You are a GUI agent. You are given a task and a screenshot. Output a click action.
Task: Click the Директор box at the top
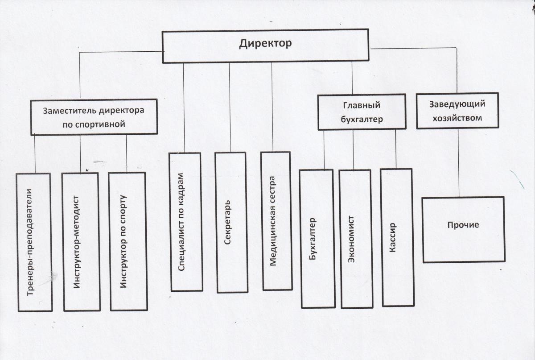coord(265,46)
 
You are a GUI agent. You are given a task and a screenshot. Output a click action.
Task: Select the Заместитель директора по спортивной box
coord(94,117)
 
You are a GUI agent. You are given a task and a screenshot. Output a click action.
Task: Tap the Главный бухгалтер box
coord(362,112)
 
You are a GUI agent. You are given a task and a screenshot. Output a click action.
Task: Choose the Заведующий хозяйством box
coord(457,111)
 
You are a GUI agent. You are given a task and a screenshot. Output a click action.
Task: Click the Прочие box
coord(464,229)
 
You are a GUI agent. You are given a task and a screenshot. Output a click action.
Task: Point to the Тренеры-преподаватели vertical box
coord(35,242)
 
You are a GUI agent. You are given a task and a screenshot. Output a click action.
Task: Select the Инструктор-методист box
coord(82,242)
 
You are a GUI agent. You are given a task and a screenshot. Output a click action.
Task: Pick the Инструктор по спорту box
coord(128,241)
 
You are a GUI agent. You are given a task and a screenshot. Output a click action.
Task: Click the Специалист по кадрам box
coord(186,222)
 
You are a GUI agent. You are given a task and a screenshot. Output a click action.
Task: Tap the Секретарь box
coord(232,223)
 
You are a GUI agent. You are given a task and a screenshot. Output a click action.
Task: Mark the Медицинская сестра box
coord(276,221)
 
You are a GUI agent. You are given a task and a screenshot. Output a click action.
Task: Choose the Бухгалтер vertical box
coord(317,239)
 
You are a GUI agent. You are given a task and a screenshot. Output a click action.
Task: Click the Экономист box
coord(356,239)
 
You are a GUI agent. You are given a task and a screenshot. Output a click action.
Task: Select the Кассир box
coord(397,238)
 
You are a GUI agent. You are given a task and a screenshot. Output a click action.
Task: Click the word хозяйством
coord(457,118)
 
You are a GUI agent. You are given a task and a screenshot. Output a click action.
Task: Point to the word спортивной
coord(94,124)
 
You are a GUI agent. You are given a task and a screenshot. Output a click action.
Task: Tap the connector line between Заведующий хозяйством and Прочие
coord(458,163)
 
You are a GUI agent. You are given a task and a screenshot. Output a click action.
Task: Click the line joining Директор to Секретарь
coord(230,108)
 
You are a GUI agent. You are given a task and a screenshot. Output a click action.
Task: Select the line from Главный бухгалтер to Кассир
coord(396,149)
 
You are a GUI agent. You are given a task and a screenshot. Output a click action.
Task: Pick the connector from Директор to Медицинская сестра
coord(272,107)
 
